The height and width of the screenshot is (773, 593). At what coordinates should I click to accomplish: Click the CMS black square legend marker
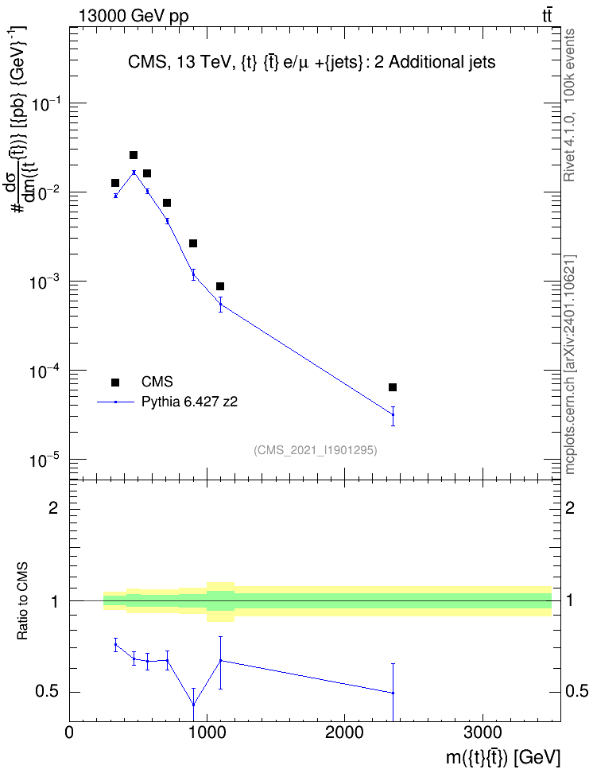[115, 382]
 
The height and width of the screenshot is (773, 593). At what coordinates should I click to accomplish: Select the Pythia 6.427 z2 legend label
[189, 402]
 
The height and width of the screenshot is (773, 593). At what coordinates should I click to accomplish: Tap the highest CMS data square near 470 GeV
[134, 155]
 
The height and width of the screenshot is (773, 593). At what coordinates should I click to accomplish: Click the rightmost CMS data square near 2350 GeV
[393, 387]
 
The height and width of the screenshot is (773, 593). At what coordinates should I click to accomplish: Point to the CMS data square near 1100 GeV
[220, 286]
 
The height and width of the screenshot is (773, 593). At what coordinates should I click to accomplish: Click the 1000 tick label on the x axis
[207, 732]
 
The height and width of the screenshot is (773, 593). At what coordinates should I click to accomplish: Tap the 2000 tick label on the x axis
[344, 732]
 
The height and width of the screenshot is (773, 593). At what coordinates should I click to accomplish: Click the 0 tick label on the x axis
[69, 732]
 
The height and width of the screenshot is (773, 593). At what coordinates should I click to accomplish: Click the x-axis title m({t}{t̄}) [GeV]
[503, 758]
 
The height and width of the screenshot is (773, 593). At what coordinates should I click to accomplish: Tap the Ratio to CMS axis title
[22, 601]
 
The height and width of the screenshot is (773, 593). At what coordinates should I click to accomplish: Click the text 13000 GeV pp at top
[134, 16]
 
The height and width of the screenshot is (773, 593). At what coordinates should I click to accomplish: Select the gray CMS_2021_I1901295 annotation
[316, 450]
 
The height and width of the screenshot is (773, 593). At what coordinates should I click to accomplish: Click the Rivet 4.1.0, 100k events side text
[569, 105]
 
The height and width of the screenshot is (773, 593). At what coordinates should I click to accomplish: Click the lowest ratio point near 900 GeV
[193, 705]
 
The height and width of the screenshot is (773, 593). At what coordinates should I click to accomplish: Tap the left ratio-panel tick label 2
[53, 507]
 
